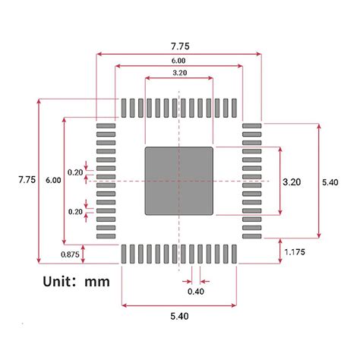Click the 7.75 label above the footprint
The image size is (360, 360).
coord(179,46)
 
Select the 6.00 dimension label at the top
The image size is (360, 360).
coord(178,60)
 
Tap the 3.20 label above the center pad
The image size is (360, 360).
coord(180,73)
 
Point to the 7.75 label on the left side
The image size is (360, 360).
coord(27,180)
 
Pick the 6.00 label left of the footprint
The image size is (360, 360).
coord(53,181)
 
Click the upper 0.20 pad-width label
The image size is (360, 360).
coord(75,172)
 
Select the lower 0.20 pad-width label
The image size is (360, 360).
coord(75,212)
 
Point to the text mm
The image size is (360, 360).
coord(97,282)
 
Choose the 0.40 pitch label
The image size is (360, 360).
coord(195,291)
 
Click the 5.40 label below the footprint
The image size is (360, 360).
coord(178,316)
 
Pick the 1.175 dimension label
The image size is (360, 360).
coord(295,252)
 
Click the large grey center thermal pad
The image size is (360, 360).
coord(179,181)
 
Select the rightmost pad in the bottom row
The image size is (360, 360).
coord(235,254)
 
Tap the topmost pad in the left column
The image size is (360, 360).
coord(106,125)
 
